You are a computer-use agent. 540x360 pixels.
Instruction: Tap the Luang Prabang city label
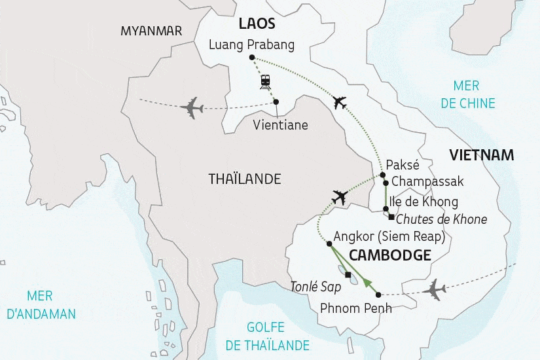point(251,45)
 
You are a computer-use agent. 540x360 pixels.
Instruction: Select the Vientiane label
point(280,125)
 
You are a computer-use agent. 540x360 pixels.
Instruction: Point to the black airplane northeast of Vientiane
point(339,103)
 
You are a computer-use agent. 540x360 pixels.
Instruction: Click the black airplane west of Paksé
point(340,196)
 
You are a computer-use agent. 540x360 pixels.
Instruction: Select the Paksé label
point(403,164)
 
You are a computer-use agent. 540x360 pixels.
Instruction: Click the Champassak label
point(423,182)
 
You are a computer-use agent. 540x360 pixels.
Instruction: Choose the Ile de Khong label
point(423,202)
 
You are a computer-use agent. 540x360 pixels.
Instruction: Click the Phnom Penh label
point(356,308)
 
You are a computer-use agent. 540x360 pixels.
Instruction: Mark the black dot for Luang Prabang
point(253,58)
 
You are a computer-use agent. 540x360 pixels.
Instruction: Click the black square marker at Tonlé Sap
point(348,274)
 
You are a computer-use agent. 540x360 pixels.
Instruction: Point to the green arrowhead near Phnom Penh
point(368,283)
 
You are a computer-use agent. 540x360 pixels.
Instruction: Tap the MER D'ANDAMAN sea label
point(41,305)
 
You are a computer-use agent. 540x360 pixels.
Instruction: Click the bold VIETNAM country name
point(481,155)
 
